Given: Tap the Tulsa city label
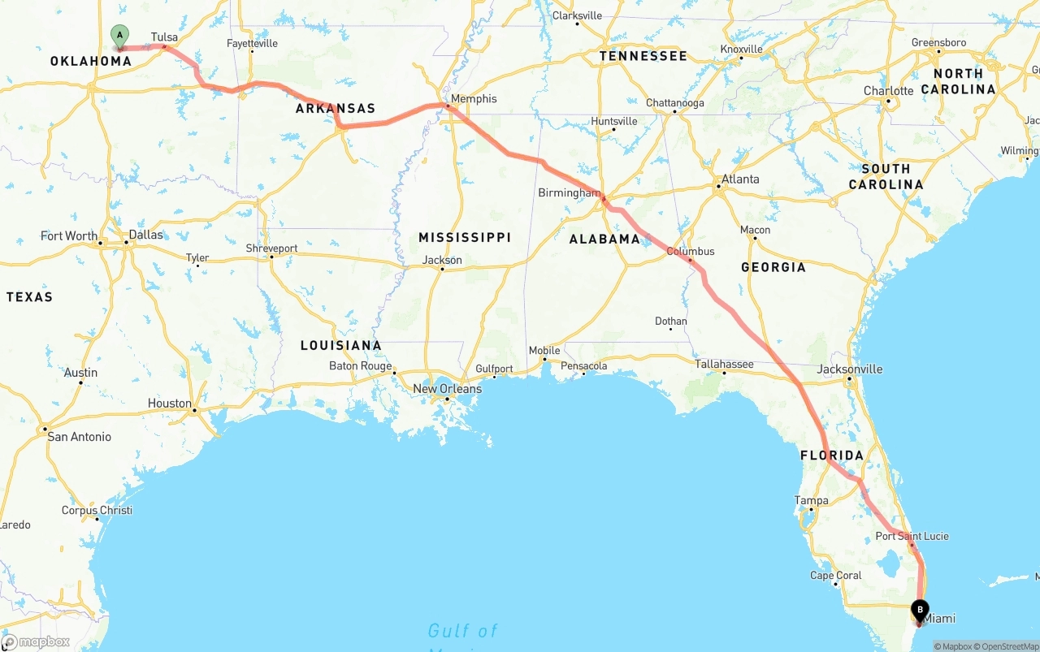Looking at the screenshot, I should click(x=164, y=37).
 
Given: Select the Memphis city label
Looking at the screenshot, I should click(x=474, y=99).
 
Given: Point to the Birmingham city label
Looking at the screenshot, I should click(x=569, y=193).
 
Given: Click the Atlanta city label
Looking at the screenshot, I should click(x=740, y=179).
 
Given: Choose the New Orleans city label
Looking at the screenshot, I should click(x=447, y=389).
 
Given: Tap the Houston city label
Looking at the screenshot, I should click(x=170, y=404).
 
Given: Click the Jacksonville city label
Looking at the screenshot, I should click(x=850, y=369).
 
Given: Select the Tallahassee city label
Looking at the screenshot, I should click(x=724, y=365).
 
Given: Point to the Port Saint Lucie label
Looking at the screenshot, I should click(x=912, y=536).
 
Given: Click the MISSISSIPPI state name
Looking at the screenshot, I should click(x=465, y=237).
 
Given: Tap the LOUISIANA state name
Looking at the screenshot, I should click(x=340, y=345).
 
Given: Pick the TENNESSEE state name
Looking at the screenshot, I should click(x=643, y=56).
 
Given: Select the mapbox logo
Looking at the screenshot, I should click(x=36, y=642).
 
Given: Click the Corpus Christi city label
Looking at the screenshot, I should click(x=97, y=511).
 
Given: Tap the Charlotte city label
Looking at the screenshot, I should click(x=889, y=91).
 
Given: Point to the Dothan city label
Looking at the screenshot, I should click(x=671, y=322).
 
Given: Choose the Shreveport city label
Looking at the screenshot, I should click(x=272, y=248).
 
